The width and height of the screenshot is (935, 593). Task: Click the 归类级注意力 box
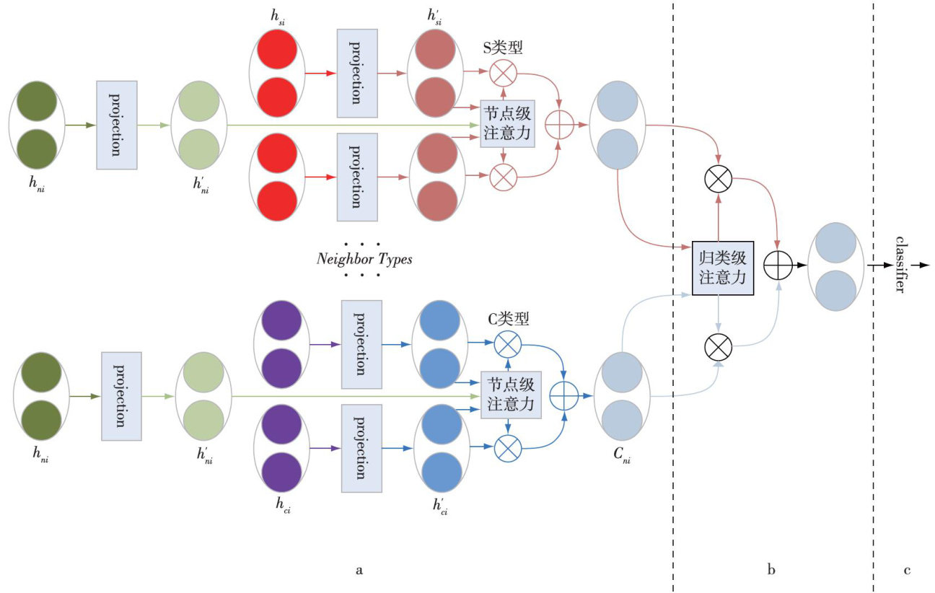coord(722,268)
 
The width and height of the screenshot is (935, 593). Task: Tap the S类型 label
coord(503,48)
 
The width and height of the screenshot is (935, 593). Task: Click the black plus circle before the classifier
coord(778,265)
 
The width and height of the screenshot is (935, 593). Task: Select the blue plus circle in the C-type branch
coord(564,396)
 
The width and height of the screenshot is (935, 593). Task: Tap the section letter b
coord(771,571)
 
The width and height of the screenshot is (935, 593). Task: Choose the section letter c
coord(907,571)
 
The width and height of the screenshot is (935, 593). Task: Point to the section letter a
coord(359,571)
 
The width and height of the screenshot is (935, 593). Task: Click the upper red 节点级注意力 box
coord(507,124)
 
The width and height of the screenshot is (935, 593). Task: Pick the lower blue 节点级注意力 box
coord(512,396)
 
